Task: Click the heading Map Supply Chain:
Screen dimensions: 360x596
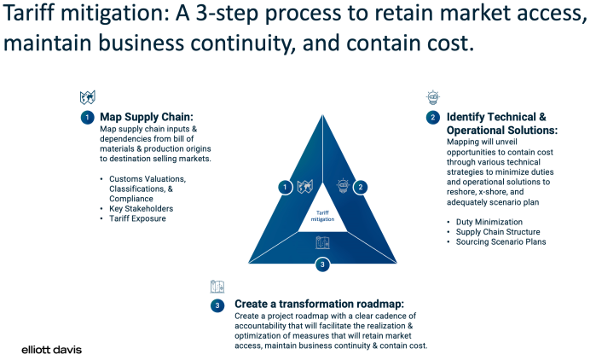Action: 147,118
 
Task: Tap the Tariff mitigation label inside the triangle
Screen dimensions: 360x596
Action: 322,217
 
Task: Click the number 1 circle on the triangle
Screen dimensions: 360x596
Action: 285,187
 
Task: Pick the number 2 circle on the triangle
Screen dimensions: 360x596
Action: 360,187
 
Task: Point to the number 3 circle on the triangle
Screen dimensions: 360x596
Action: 322,264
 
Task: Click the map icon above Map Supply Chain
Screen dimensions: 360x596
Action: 87,97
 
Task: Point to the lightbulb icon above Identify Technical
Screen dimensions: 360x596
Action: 432,96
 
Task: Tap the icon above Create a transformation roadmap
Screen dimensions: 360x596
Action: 217,287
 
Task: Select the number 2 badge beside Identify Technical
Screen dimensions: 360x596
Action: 433,118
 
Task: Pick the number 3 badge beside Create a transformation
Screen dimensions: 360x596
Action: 217,305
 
